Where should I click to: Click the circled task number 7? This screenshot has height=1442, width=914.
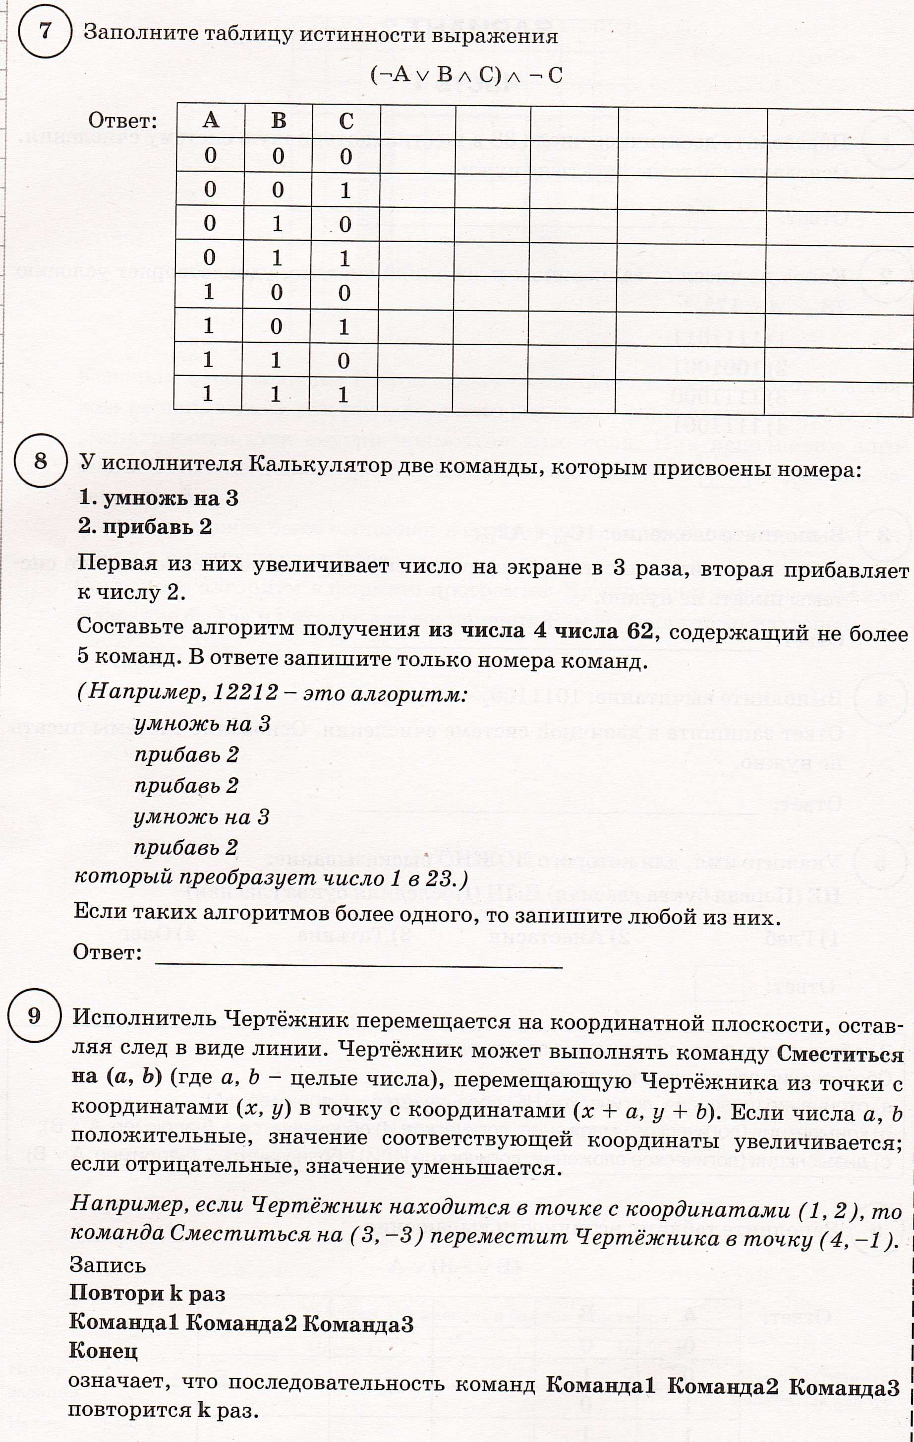point(45,31)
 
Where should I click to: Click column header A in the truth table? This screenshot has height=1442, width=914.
point(210,121)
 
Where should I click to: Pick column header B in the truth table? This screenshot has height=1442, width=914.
point(279,121)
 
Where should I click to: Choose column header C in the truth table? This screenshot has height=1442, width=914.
point(346,122)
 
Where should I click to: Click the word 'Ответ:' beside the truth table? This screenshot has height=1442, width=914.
point(123,122)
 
